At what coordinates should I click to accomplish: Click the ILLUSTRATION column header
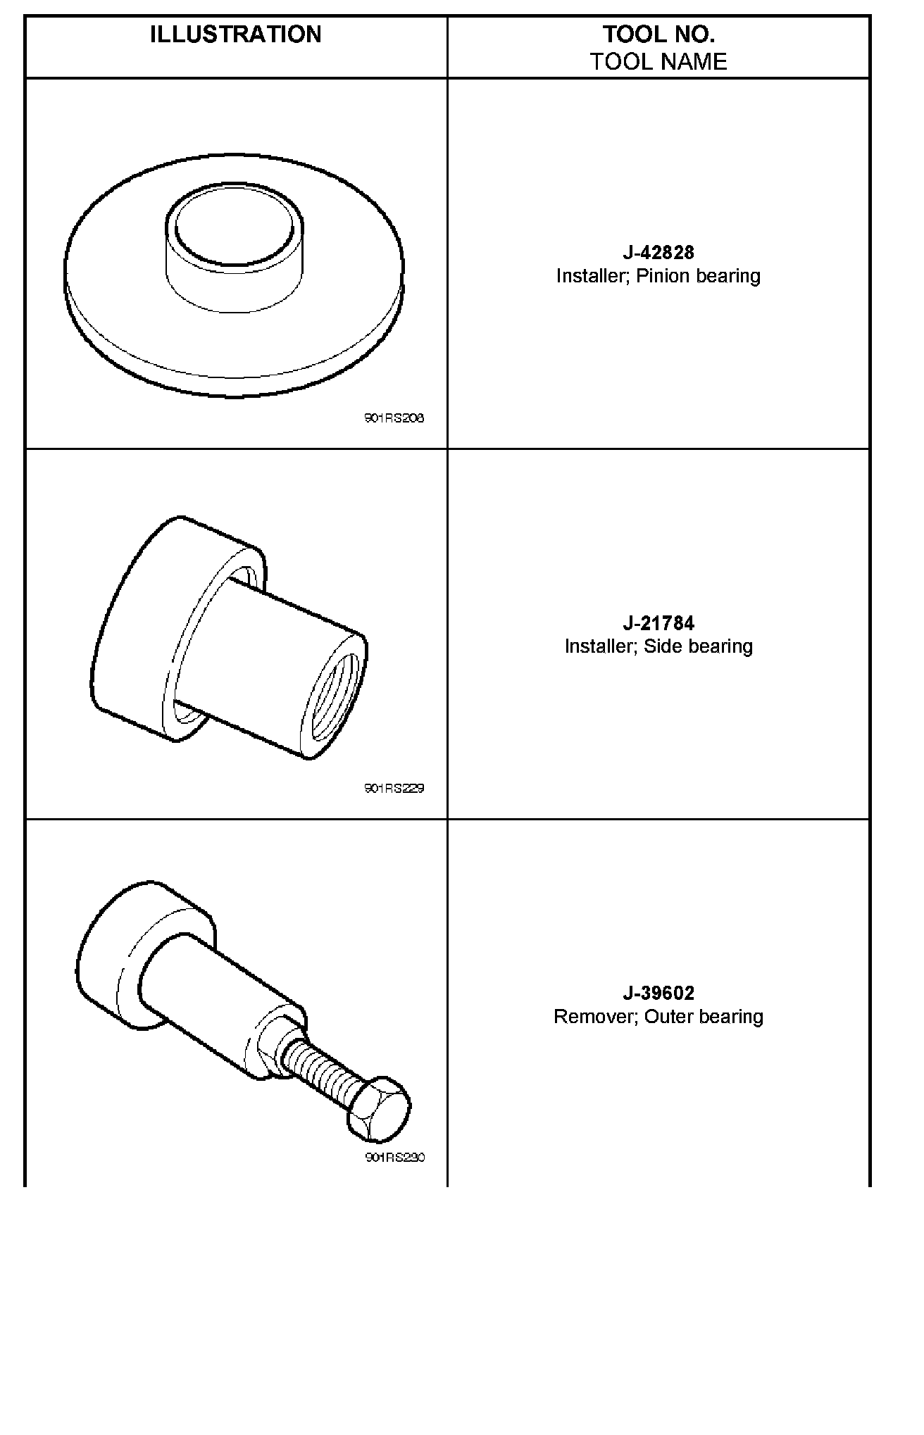[x=235, y=35]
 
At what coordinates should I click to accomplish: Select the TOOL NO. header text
[x=658, y=34]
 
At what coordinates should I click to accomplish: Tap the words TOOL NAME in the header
[x=658, y=62]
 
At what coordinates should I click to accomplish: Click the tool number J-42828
[x=658, y=252]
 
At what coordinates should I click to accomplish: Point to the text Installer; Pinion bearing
[x=658, y=276]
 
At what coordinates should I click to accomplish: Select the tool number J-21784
[x=658, y=623]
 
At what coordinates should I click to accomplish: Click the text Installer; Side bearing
[x=658, y=646]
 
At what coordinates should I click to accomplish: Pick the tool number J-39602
[x=658, y=993]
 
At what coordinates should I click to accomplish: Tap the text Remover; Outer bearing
[x=658, y=1017]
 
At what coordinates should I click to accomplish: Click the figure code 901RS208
[x=394, y=418]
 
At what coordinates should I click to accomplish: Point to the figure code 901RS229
[x=394, y=788]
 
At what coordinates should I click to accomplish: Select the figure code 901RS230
[x=394, y=1158]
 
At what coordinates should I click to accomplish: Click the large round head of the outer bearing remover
[x=113, y=958]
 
